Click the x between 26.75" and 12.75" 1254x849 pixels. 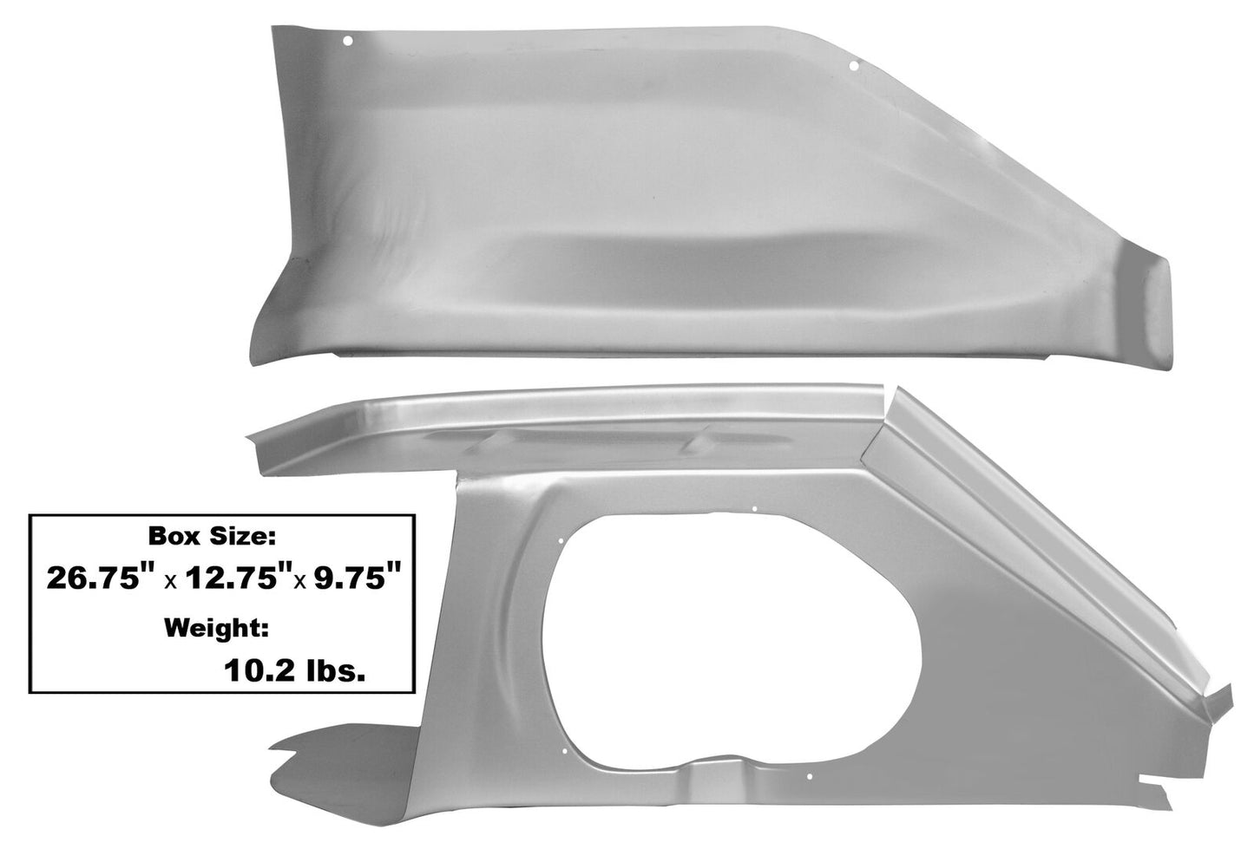pyautogui.click(x=171, y=583)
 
